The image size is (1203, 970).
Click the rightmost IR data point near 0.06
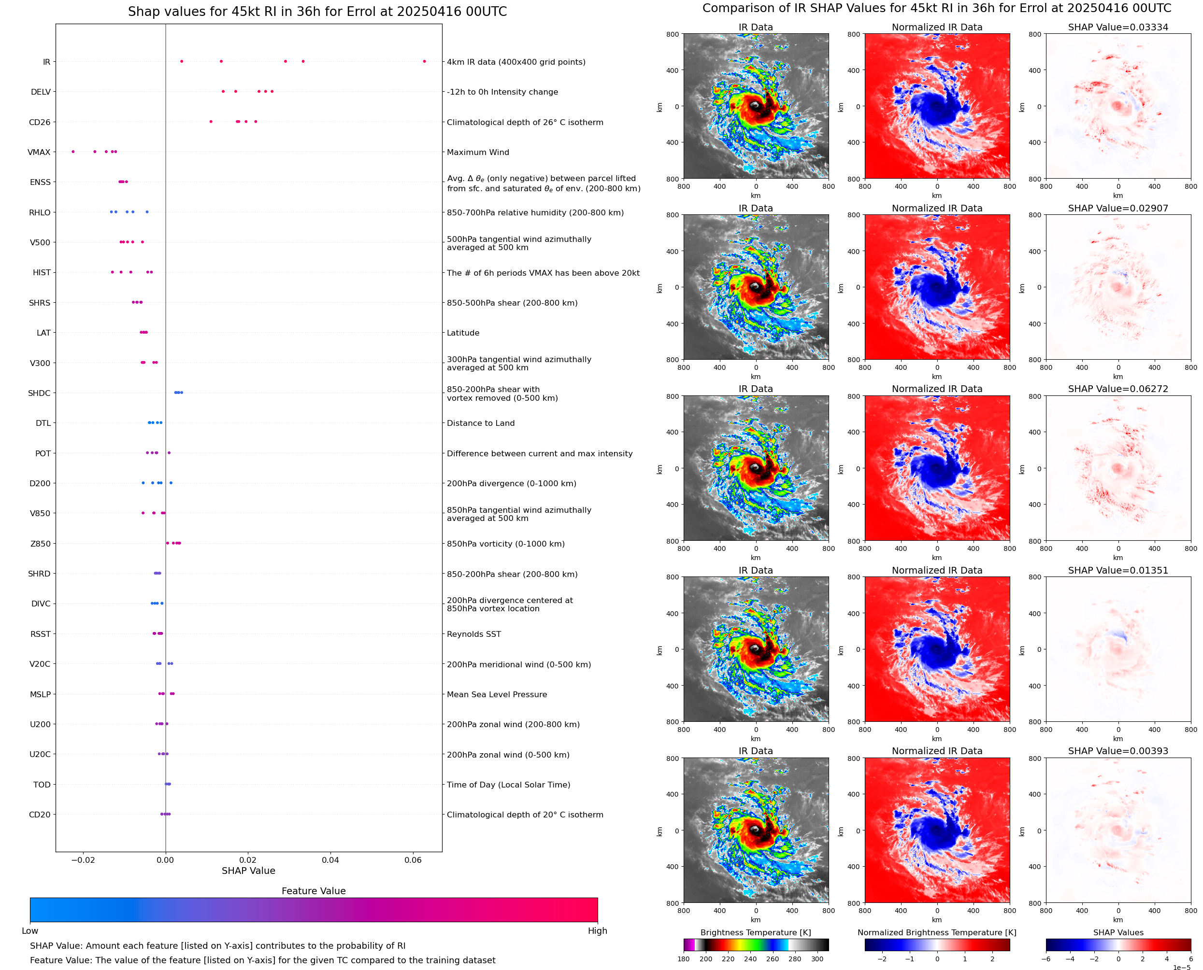[x=424, y=61]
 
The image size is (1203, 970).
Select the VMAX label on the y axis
[x=39, y=152]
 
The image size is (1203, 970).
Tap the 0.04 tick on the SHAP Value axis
[x=330, y=860]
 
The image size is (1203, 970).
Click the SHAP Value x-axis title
[x=248, y=871]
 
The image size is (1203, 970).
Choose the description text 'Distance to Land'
[x=481, y=423]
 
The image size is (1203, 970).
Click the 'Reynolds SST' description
[x=474, y=634]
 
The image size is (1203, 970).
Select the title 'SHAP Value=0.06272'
[x=1118, y=389]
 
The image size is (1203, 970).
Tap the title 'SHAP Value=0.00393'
[x=1118, y=751]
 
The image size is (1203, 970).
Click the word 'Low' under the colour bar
[x=30, y=931]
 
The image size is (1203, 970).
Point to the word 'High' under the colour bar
[x=597, y=931]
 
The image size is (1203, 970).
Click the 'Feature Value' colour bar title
[x=314, y=891]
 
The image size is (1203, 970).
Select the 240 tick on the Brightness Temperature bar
[x=750, y=959]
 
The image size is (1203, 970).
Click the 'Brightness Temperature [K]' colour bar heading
[x=756, y=932]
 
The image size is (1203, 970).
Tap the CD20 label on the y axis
[x=40, y=815]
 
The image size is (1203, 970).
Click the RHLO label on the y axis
[x=40, y=212]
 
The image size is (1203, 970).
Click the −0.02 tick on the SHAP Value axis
[x=83, y=860]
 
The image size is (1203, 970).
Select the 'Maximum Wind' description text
[x=478, y=152]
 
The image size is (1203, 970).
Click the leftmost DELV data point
[x=223, y=92]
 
